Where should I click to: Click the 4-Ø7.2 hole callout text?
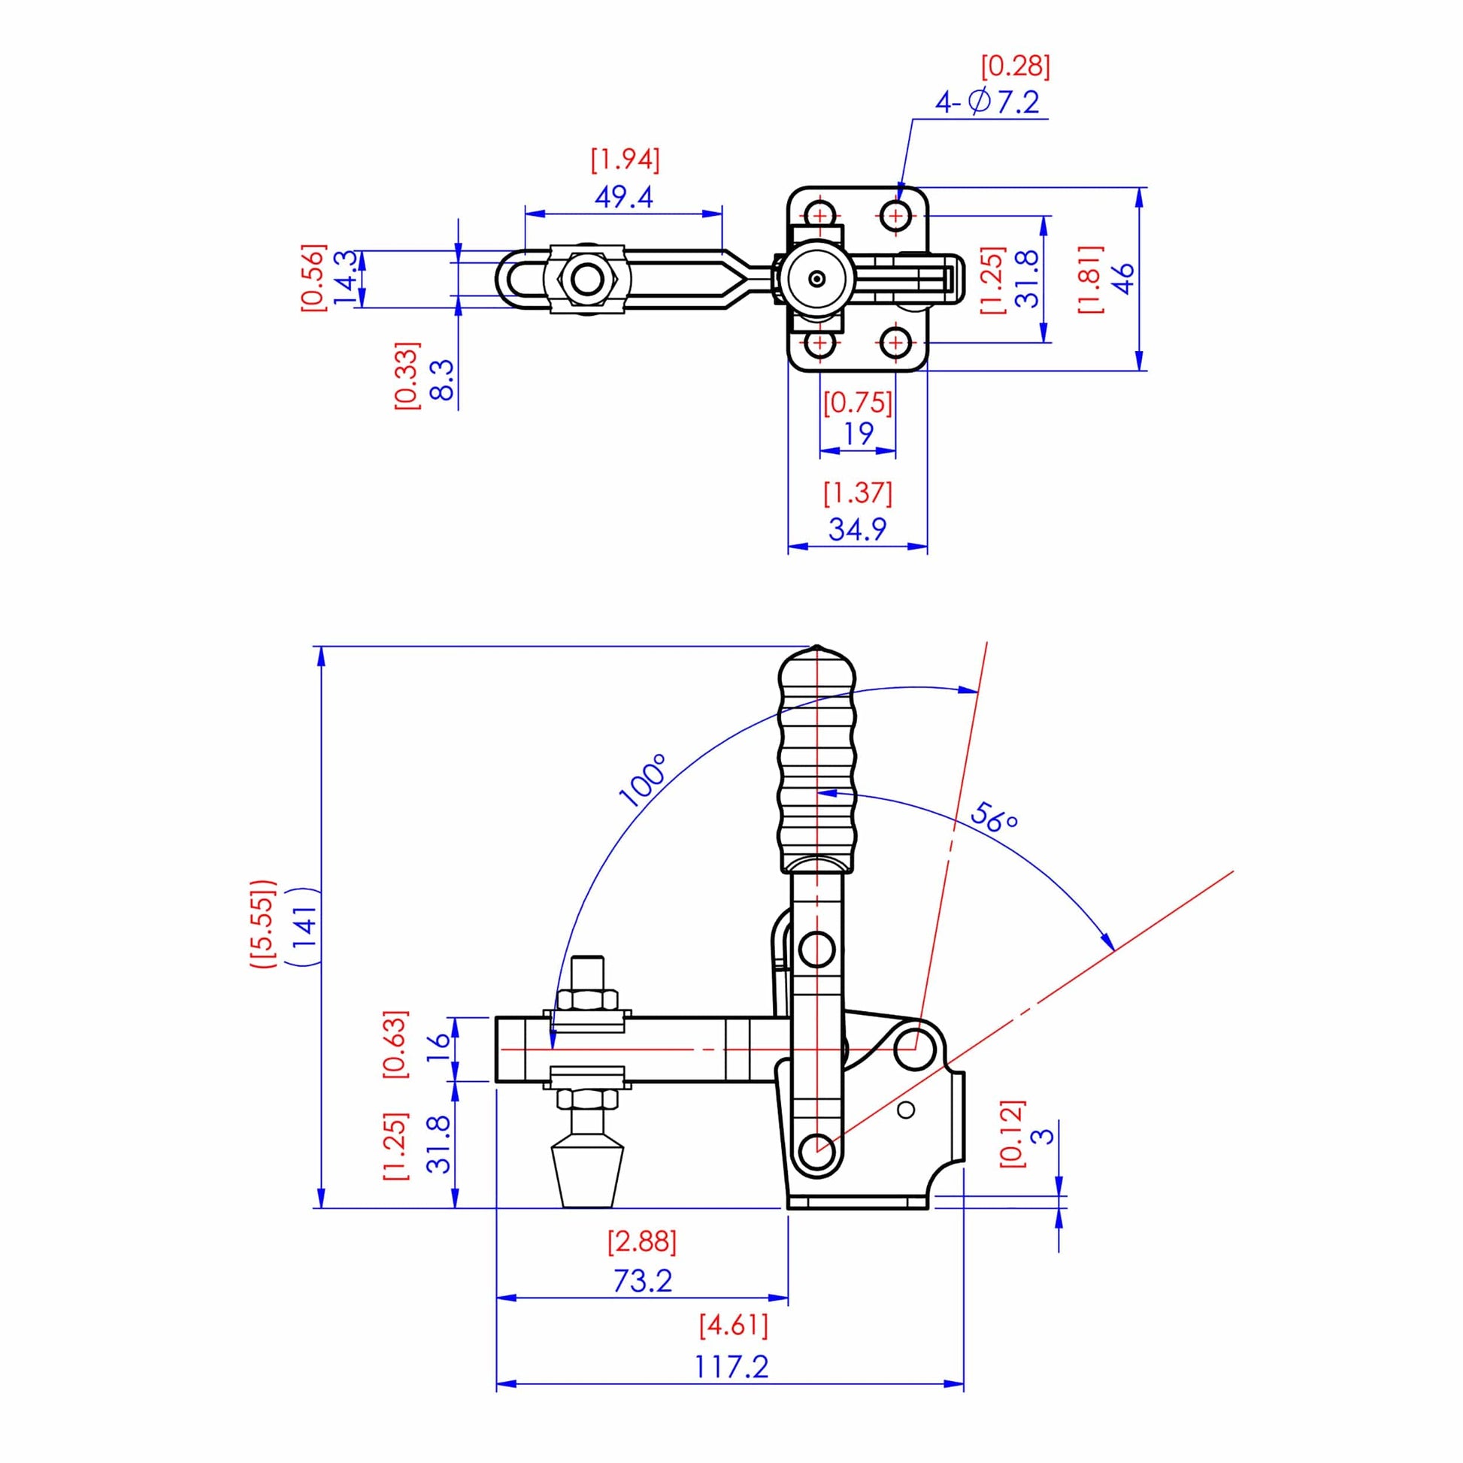pyautogui.click(x=986, y=101)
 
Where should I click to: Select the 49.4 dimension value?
pyautogui.click(x=623, y=198)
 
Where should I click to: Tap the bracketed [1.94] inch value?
pyautogui.click(x=625, y=160)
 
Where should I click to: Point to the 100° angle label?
pyautogui.click(x=643, y=780)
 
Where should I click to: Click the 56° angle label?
pyautogui.click(x=994, y=819)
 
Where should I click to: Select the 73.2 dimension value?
pyautogui.click(x=642, y=1281)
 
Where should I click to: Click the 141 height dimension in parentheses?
pyautogui.click(x=304, y=925)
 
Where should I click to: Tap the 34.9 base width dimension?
pyautogui.click(x=857, y=529)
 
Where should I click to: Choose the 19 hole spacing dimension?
pyautogui.click(x=858, y=434)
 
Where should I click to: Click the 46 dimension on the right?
pyautogui.click(x=1125, y=278)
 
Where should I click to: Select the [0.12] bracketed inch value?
pyautogui.click(x=1012, y=1133)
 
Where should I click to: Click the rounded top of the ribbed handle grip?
pyautogui.click(x=817, y=662)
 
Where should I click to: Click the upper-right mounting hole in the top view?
pyautogui.click(x=897, y=217)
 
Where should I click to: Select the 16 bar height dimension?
pyautogui.click(x=438, y=1049)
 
